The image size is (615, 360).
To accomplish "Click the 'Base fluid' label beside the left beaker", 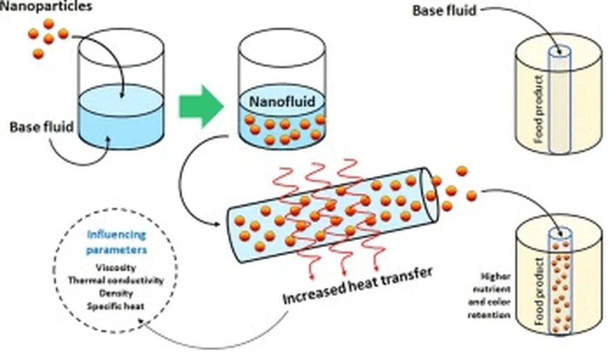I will pyautogui.click(x=41, y=127).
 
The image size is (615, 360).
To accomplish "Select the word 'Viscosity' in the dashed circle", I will pyautogui.click(x=115, y=267).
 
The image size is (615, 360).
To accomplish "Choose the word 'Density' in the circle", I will pyautogui.click(x=115, y=293).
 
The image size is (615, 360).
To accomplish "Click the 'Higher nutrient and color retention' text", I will pyautogui.click(x=495, y=296).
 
